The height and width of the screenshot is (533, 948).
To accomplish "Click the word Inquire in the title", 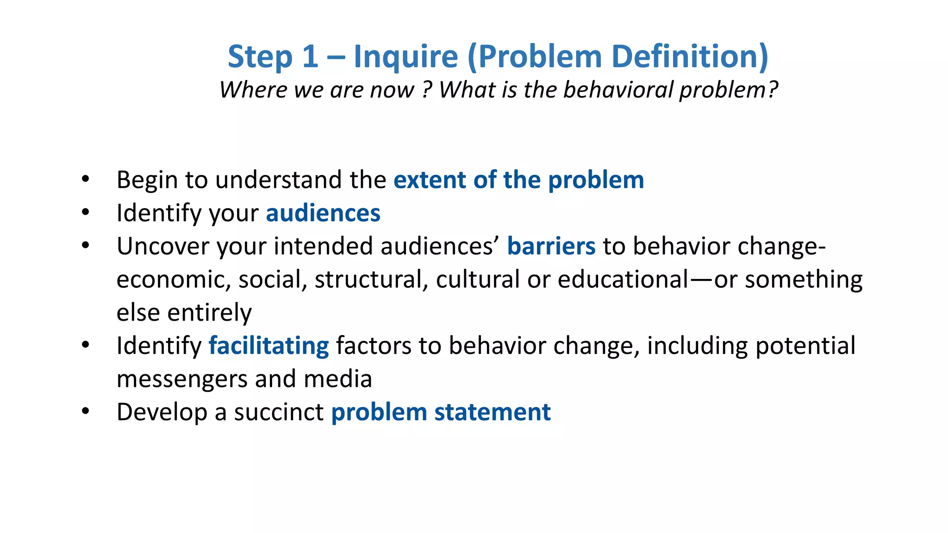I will tap(405, 57).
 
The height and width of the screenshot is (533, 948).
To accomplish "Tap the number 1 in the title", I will tap(310, 57).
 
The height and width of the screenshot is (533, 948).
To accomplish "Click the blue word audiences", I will tap(323, 213).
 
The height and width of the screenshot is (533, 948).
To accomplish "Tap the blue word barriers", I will tap(551, 246).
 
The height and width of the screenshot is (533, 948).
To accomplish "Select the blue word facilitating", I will tap(268, 346).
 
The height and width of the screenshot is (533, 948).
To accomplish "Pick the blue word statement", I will tap(492, 412).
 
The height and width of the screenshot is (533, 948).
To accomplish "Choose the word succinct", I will tap(278, 412).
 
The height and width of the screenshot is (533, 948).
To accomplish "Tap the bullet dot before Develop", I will tap(85, 412).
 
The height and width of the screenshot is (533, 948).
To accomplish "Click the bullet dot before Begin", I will tap(85, 180).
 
